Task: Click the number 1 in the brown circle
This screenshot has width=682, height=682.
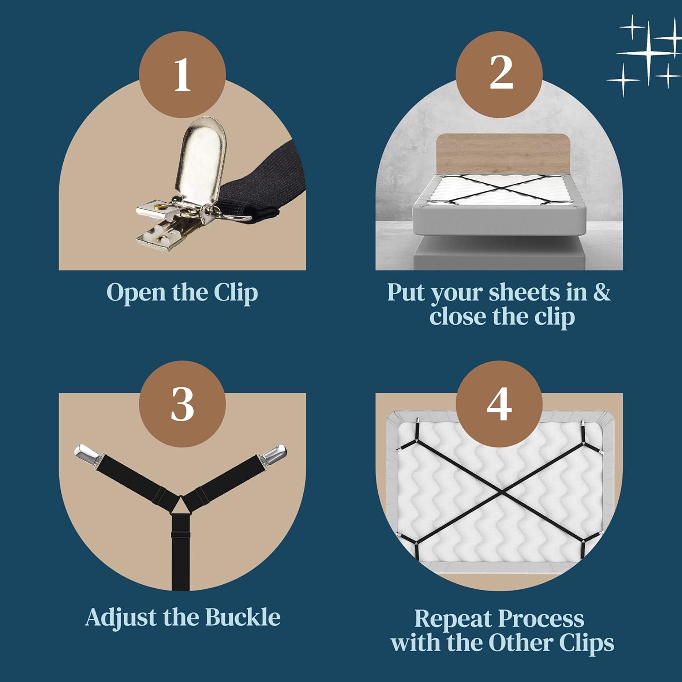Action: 182,75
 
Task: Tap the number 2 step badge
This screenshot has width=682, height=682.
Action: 501,74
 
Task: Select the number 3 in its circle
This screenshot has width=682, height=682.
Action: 182,404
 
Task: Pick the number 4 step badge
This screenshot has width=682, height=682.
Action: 499,404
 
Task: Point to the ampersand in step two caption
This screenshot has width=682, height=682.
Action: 602,292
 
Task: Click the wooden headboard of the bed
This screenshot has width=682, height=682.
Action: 503,153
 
